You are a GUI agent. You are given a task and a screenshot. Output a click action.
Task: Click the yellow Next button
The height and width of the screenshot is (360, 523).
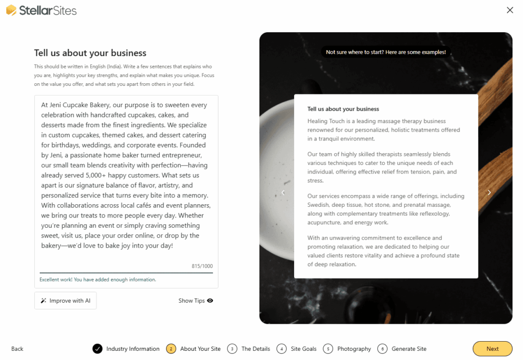[x=492, y=349]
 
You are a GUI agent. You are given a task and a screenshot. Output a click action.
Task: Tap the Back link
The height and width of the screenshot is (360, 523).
[x=17, y=349]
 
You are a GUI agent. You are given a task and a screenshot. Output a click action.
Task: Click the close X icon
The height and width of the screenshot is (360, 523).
[x=510, y=10]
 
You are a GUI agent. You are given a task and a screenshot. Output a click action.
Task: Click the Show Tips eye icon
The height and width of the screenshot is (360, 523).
[x=210, y=301]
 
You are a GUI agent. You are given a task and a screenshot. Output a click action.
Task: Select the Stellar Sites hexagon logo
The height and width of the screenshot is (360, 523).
[x=11, y=10]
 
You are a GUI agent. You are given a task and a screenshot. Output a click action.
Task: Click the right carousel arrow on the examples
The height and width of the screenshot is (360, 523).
[x=489, y=193]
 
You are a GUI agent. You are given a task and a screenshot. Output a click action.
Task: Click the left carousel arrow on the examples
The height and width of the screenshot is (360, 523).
[x=283, y=193]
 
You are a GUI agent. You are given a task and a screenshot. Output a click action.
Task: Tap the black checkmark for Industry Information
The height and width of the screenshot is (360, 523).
[x=98, y=349]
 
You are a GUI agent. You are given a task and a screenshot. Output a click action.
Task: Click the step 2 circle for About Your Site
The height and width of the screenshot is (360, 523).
[x=171, y=349]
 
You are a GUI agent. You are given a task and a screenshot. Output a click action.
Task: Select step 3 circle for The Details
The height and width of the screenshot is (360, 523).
[x=232, y=349]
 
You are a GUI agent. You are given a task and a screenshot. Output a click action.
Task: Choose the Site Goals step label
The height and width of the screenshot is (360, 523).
[x=303, y=349]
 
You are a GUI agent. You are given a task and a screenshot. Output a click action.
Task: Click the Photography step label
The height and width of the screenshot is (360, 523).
[x=354, y=349]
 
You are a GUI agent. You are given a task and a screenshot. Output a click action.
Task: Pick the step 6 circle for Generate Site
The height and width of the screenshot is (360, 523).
[x=383, y=349]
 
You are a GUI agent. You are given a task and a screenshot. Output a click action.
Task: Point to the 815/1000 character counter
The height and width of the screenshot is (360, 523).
[x=202, y=266]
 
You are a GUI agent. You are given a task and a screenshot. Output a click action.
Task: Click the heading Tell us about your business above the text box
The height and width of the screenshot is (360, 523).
[x=90, y=53]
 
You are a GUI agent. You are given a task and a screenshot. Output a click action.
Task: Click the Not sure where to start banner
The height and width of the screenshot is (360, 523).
[x=386, y=52]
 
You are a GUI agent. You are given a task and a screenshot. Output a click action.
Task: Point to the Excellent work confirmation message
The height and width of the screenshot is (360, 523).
[x=98, y=280]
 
